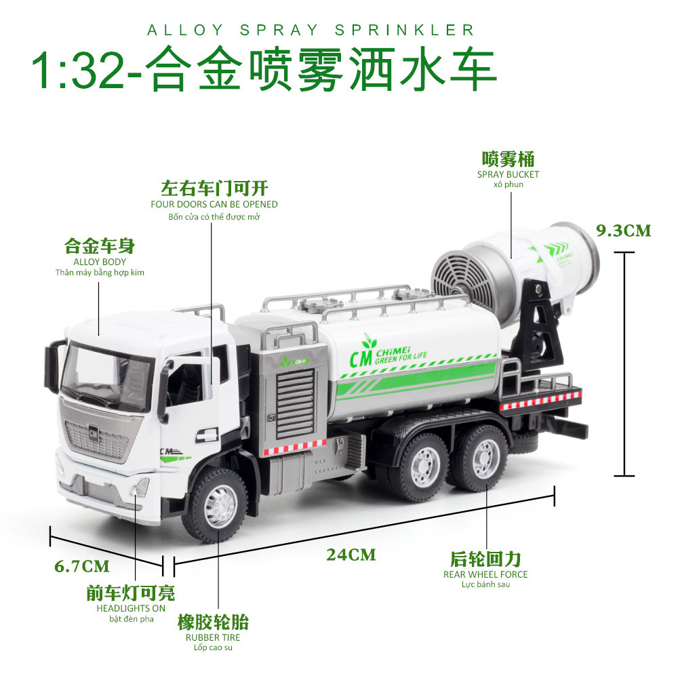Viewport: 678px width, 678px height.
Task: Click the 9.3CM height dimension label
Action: [x=623, y=231]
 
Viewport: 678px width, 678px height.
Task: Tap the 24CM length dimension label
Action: [x=351, y=555]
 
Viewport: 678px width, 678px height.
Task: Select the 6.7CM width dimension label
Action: [x=82, y=565]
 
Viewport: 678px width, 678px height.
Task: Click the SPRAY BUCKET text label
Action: [x=508, y=174]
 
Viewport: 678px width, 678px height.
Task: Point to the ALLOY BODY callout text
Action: [x=100, y=262]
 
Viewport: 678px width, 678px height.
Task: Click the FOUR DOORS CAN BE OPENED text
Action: [x=214, y=204]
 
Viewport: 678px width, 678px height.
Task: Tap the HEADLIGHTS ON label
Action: [x=130, y=608]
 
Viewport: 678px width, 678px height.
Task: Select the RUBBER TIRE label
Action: [x=213, y=637]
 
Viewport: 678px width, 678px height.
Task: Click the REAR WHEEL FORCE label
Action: [x=485, y=574]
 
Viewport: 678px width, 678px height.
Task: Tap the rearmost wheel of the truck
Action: [x=479, y=458]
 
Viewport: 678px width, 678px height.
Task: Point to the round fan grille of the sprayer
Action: [x=465, y=277]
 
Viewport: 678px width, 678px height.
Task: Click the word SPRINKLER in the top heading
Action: [x=405, y=31]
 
